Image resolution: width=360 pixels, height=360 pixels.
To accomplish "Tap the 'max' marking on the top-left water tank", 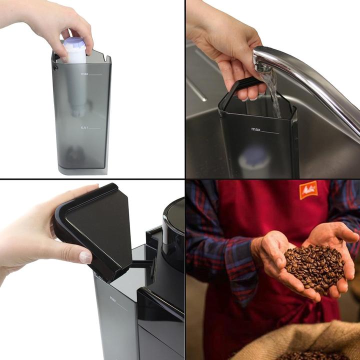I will point(84,73).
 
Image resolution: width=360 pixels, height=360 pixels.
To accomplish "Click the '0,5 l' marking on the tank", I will point(84,127).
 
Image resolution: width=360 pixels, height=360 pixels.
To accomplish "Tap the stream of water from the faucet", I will point(274,92).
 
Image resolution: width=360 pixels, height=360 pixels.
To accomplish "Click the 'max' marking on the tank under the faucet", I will point(256,129).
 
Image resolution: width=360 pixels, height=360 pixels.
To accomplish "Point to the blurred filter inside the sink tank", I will point(254,159).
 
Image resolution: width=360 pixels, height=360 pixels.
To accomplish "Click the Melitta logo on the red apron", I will point(308,190).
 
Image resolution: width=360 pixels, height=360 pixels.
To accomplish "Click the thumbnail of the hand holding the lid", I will point(85,256).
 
